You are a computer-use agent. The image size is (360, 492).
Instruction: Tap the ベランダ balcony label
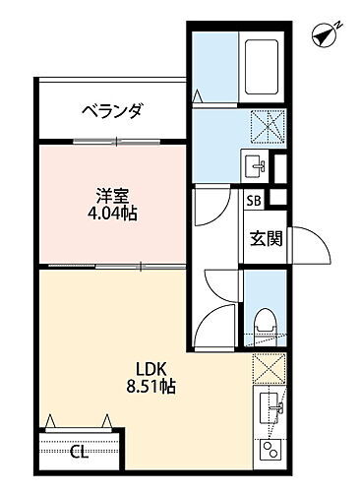113,110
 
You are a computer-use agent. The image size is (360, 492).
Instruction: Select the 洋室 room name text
109,195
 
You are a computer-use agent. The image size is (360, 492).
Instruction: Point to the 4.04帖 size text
110,214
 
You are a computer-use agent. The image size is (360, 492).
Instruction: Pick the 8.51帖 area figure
150,388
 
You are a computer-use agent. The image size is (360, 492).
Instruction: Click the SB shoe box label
254,201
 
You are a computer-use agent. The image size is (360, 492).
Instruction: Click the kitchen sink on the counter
268,406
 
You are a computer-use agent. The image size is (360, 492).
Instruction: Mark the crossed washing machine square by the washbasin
261,126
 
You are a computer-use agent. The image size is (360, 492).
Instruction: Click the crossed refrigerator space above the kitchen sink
266,367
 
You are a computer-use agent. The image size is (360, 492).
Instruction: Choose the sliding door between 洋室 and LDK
113,268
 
